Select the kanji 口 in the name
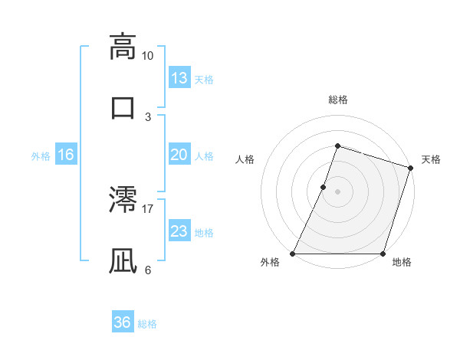coord(123,106)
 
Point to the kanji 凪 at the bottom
coord(123,260)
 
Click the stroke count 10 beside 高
coord(148,56)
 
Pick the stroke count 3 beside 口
coord(148,116)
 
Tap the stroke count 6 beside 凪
coord(148,270)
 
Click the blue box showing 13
coord(179,78)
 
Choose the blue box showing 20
coord(179,155)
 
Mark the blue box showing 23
coord(179,231)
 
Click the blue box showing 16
coord(66,155)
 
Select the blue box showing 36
coord(123,322)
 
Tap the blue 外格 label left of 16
coord(41,155)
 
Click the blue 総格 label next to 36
coord(147,323)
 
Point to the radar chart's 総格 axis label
coord(337,100)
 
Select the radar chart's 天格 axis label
coord(431,159)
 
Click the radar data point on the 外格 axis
coord(293,254)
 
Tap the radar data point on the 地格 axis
coord(383,254)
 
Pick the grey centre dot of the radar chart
coord(337,191)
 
